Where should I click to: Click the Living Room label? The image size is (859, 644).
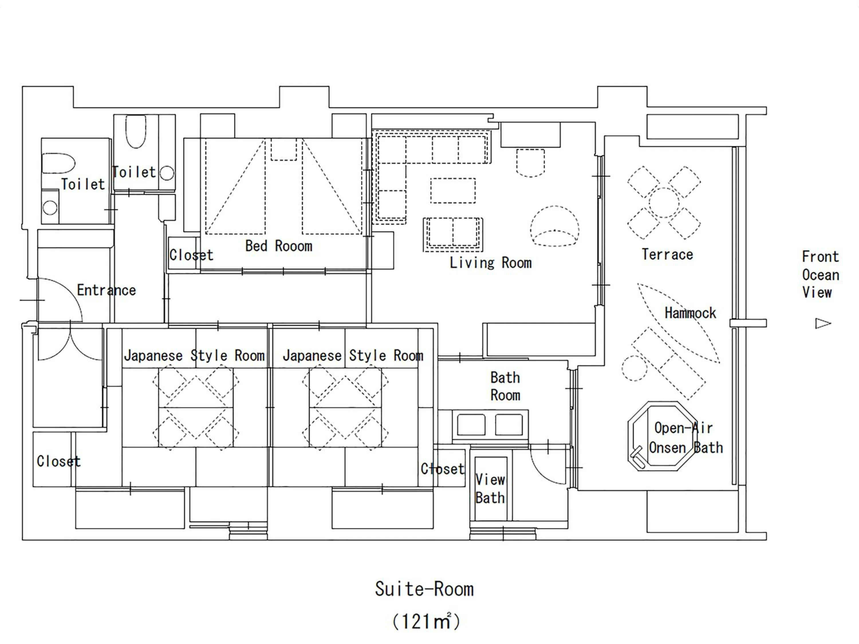(x=490, y=263)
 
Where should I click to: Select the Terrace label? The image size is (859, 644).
(x=667, y=254)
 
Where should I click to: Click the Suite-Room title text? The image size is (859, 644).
(x=424, y=589)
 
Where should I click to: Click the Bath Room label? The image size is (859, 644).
(x=505, y=386)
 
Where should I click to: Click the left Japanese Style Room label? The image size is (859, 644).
(x=194, y=356)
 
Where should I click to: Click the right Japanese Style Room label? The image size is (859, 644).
(x=352, y=356)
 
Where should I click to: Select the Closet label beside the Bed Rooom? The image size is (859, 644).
(x=191, y=255)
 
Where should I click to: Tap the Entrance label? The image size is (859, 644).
(x=107, y=290)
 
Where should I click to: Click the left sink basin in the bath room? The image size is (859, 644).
(x=471, y=425)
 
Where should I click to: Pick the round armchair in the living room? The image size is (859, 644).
(x=555, y=226)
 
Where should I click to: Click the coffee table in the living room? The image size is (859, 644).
(x=452, y=190)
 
